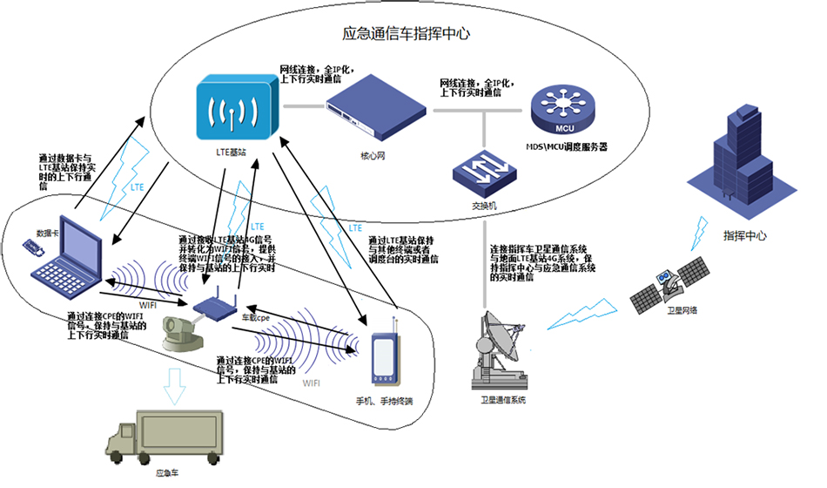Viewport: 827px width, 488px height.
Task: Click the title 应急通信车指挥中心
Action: pyautogui.click(x=406, y=34)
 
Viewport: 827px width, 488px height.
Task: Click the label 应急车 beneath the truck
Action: pyautogui.click(x=166, y=473)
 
